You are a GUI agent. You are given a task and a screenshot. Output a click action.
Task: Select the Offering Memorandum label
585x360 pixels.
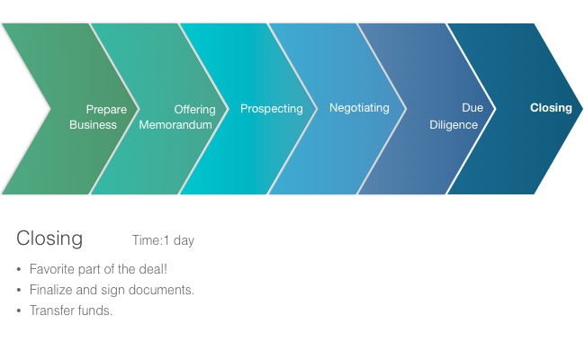click(x=177, y=117)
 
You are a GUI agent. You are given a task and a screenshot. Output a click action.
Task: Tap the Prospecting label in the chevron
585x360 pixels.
click(x=271, y=109)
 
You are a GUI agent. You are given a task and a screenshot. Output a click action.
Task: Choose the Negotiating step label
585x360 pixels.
click(x=359, y=108)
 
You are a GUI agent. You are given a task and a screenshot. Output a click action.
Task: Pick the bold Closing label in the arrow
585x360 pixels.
click(x=551, y=108)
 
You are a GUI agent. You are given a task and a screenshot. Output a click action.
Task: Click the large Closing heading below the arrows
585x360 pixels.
click(x=49, y=238)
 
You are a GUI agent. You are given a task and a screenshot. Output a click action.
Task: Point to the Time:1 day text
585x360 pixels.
click(x=163, y=240)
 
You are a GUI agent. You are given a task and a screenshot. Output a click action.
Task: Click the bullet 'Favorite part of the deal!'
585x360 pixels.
click(x=98, y=269)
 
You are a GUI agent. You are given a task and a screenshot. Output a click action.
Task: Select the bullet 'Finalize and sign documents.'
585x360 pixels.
click(x=112, y=290)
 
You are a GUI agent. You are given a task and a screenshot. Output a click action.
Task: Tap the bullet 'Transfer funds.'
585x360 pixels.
click(x=71, y=310)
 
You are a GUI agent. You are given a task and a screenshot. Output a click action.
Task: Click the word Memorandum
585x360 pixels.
click(x=175, y=125)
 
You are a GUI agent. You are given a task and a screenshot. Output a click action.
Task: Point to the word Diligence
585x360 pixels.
click(x=454, y=125)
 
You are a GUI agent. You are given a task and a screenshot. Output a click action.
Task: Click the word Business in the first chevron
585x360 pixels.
click(x=93, y=125)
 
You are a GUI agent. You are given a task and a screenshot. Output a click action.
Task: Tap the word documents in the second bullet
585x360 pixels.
click(x=165, y=290)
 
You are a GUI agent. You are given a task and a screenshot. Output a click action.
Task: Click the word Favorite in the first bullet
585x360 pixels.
click(x=50, y=269)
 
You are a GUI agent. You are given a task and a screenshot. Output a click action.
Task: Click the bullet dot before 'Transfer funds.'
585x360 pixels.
click(x=19, y=311)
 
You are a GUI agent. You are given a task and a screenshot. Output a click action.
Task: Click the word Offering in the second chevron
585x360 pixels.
click(x=194, y=110)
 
